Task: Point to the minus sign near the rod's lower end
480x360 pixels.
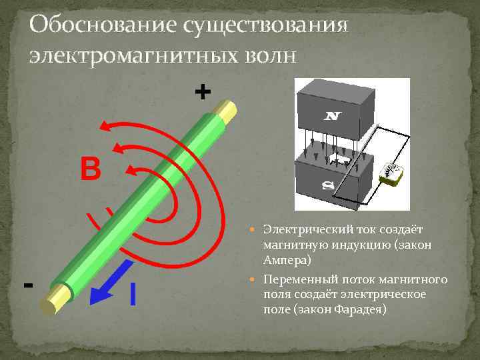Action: (x=28, y=285)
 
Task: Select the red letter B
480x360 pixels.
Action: (x=90, y=169)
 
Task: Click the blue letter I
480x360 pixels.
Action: (x=133, y=294)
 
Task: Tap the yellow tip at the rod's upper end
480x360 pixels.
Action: (x=228, y=111)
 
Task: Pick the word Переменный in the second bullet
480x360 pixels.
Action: (x=296, y=279)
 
